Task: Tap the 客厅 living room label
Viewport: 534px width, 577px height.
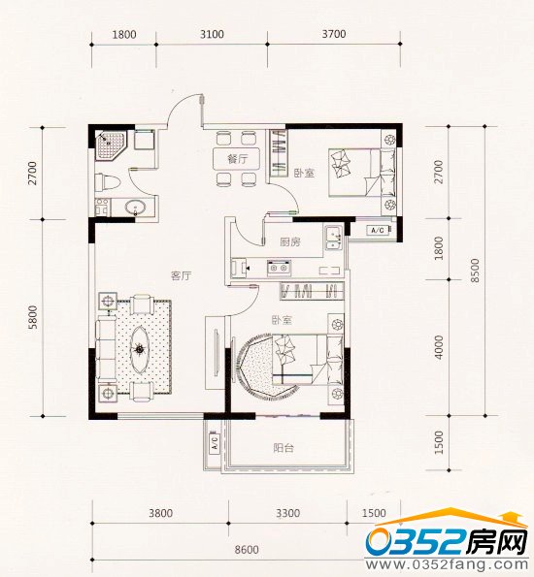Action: (182, 275)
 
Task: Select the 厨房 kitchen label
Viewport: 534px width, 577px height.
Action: (288, 242)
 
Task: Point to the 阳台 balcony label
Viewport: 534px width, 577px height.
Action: (284, 448)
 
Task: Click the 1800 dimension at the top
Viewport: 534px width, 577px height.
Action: (123, 35)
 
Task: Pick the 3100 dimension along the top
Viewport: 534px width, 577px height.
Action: (211, 35)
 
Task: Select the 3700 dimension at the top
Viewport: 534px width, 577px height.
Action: (333, 35)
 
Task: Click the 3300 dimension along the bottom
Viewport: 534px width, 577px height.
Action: (288, 513)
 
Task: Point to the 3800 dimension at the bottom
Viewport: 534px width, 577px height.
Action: (160, 513)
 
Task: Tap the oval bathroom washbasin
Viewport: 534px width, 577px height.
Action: (137, 206)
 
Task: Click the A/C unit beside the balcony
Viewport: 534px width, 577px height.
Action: (213, 446)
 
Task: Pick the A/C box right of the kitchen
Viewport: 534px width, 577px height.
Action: (378, 230)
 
